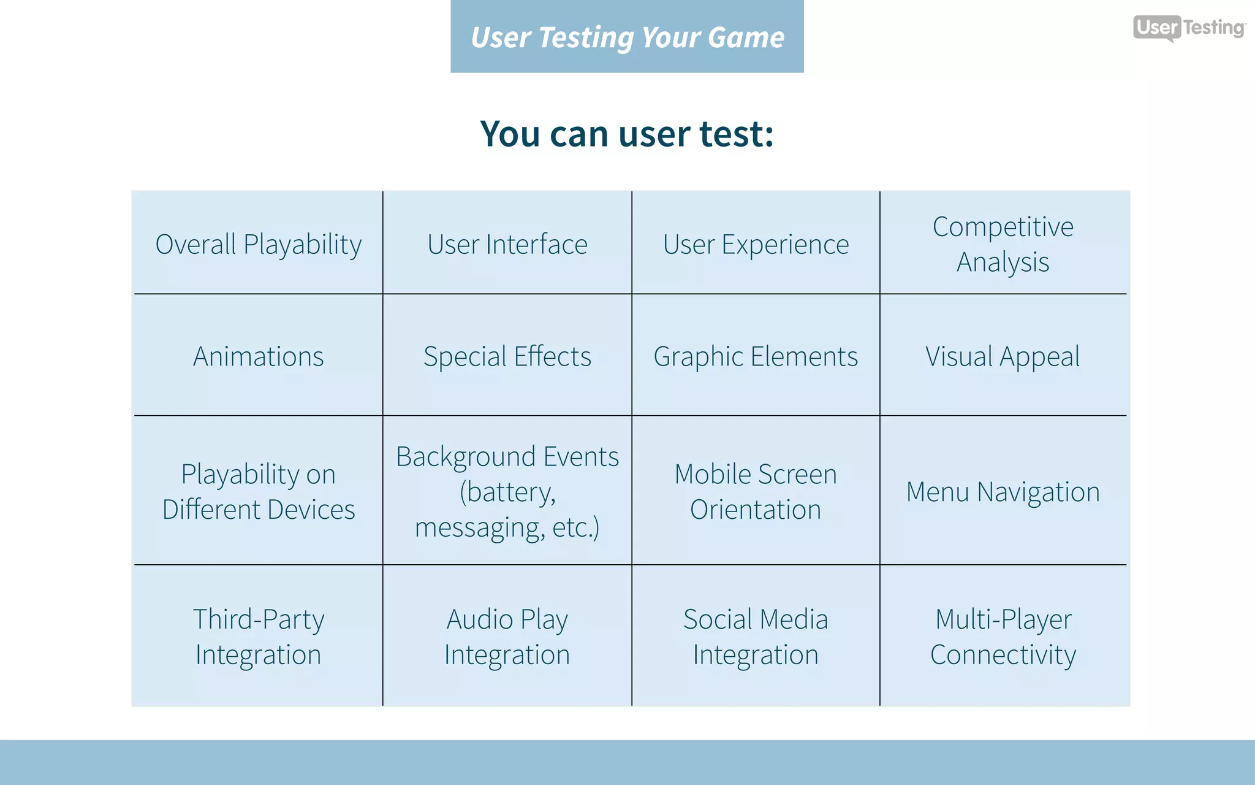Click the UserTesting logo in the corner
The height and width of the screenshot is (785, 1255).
click(x=1189, y=28)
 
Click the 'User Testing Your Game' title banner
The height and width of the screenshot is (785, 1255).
click(x=627, y=37)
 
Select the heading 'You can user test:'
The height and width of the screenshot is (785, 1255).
click(x=627, y=134)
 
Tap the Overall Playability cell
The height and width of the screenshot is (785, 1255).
click(x=258, y=245)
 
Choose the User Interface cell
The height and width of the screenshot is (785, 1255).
click(x=507, y=245)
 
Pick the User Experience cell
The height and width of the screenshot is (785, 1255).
click(x=756, y=245)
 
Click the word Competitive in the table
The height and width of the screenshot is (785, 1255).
click(x=1003, y=227)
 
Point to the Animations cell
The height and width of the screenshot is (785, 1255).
click(x=258, y=356)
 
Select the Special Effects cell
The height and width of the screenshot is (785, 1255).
click(x=507, y=356)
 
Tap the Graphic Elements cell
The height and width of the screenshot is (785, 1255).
click(x=756, y=356)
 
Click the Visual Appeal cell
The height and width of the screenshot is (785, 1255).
click(x=1003, y=356)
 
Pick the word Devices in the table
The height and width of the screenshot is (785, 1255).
click(x=311, y=510)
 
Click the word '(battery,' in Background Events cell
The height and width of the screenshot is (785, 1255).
click(x=507, y=492)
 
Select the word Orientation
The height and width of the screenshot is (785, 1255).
click(x=756, y=510)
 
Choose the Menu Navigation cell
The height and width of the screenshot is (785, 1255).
click(x=1003, y=492)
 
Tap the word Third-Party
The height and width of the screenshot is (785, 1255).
click(x=258, y=619)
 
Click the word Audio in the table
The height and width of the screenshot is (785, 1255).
click(x=479, y=619)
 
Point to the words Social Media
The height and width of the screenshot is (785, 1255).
click(x=756, y=619)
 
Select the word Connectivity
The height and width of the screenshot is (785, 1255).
click(x=1003, y=655)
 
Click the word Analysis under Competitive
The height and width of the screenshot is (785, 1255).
click(x=1003, y=262)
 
